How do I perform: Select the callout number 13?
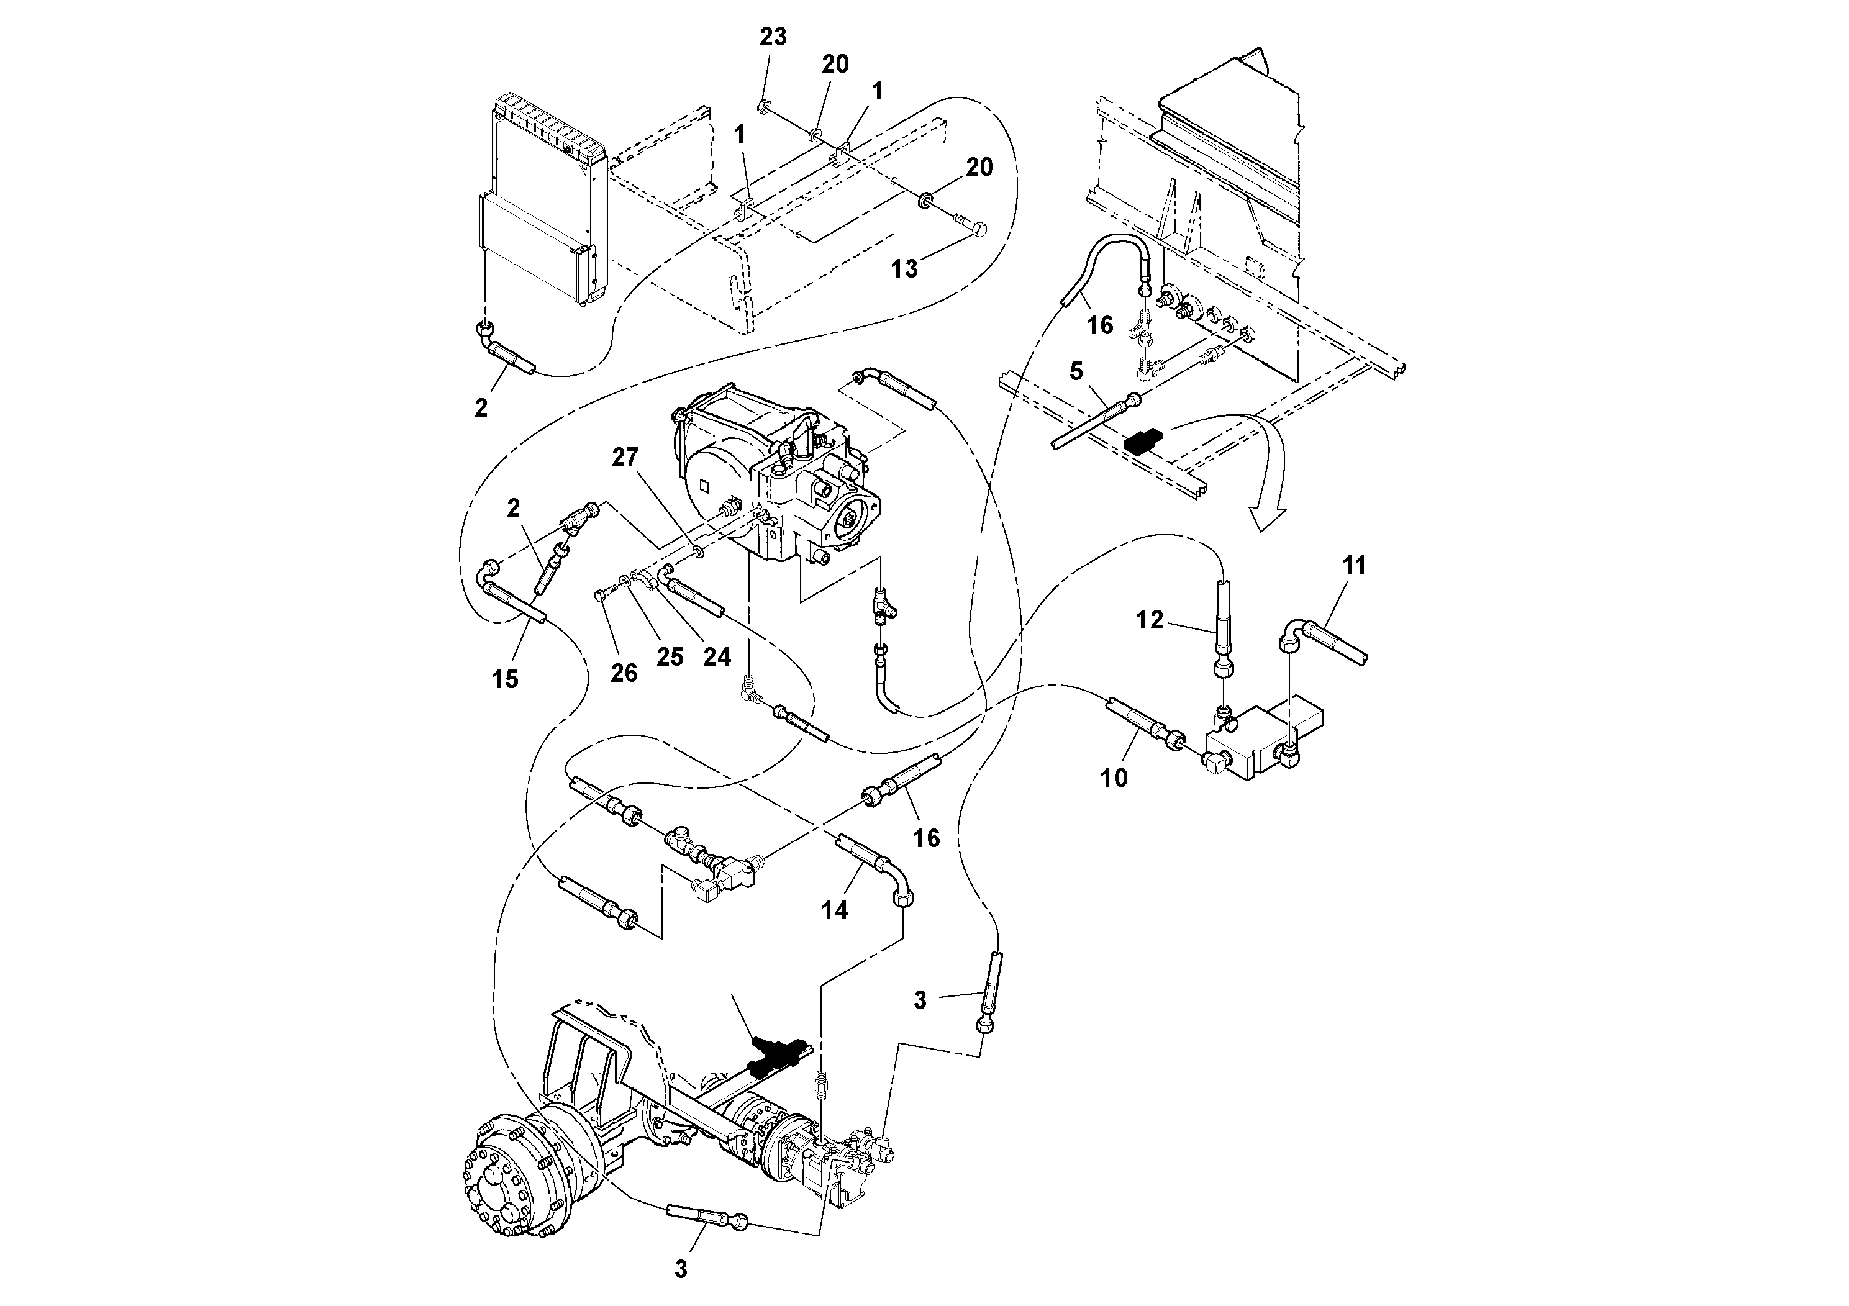[904, 269]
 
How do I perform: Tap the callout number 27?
[625, 457]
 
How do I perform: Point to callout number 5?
[1076, 371]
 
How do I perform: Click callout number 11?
[1355, 566]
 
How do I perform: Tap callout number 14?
[835, 910]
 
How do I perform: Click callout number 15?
[505, 679]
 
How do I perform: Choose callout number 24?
[717, 657]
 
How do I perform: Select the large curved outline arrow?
[1268, 475]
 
